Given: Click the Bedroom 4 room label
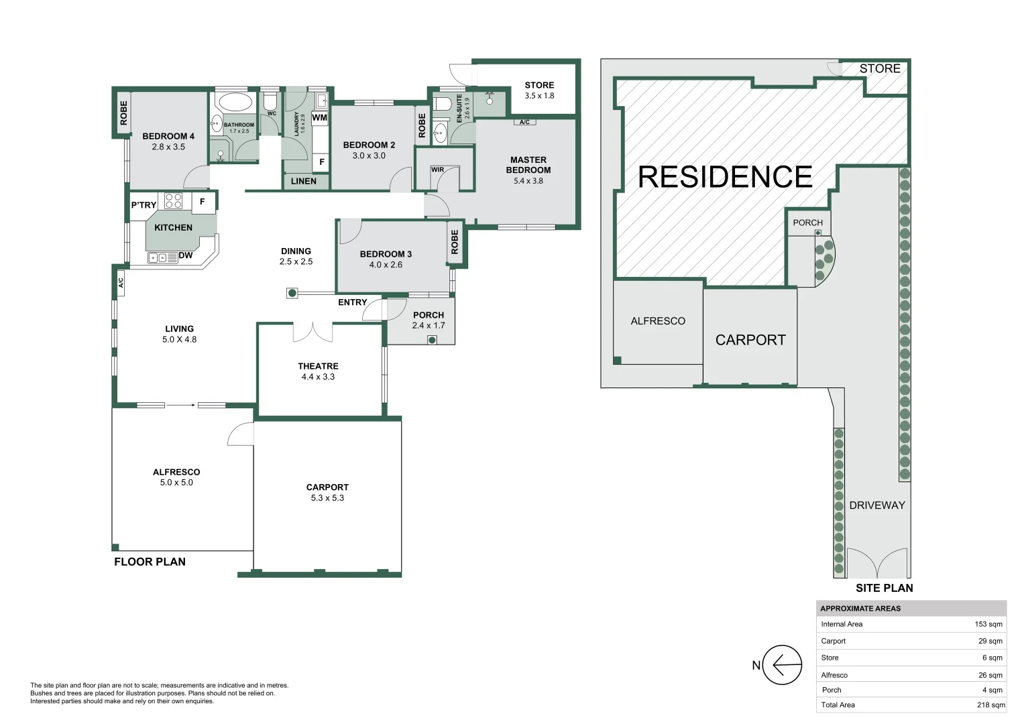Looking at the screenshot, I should pyautogui.click(x=168, y=136).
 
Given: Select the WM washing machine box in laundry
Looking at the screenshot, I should pyautogui.click(x=320, y=118).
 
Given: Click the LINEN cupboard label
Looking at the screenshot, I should pyautogui.click(x=304, y=181).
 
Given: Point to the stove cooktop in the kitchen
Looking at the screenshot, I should pyautogui.click(x=173, y=200).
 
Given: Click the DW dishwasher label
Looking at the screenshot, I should pyautogui.click(x=186, y=255).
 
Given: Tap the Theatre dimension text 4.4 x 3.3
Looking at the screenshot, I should pyautogui.click(x=318, y=377).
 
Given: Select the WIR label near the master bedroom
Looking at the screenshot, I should pyautogui.click(x=438, y=170).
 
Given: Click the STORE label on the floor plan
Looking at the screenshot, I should pyautogui.click(x=539, y=85).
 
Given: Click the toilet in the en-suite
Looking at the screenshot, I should pyautogui.click(x=442, y=104).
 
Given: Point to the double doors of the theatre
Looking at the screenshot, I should pyautogui.click(x=313, y=331).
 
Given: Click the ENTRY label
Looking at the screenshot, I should pyautogui.click(x=352, y=302).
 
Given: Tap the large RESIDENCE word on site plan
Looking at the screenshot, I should pyautogui.click(x=725, y=177).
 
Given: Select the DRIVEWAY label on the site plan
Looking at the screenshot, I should pyautogui.click(x=876, y=505).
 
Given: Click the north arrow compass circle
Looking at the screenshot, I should pyautogui.click(x=782, y=665).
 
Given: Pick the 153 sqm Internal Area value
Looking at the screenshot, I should pyautogui.click(x=988, y=624).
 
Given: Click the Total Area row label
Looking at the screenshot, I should pyautogui.click(x=838, y=705).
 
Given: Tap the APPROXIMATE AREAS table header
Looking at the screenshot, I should pyautogui.click(x=860, y=609).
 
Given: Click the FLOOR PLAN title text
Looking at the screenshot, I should pyautogui.click(x=150, y=562).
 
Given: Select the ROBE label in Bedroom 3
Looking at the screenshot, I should pyautogui.click(x=455, y=241).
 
